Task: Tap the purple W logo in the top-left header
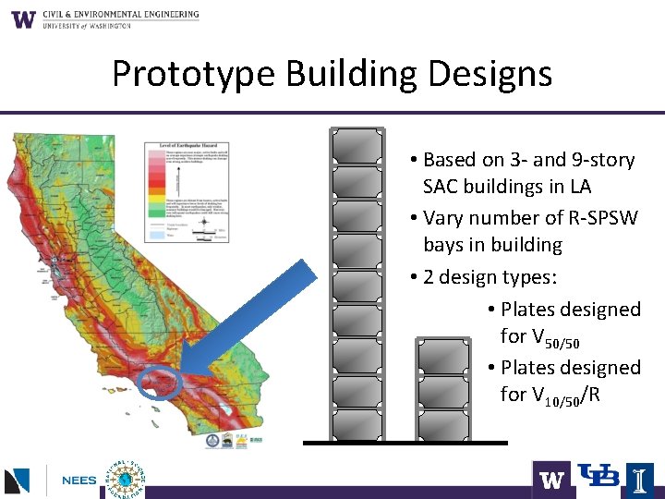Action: coord(23,18)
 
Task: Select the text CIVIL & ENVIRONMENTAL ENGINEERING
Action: coord(120,15)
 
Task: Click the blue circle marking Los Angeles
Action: coord(154,380)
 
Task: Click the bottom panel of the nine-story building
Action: coord(357,424)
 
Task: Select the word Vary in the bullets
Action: coord(443,218)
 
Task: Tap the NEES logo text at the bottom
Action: coord(79,481)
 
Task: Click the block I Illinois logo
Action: coord(639,480)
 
